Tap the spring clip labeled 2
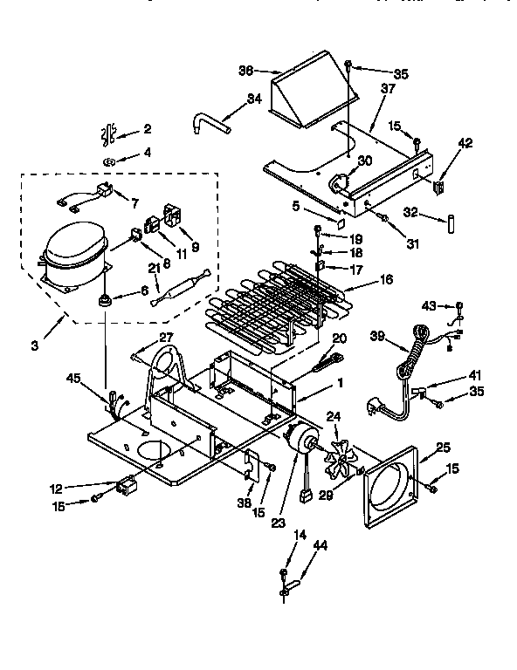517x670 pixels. (109, 134)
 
